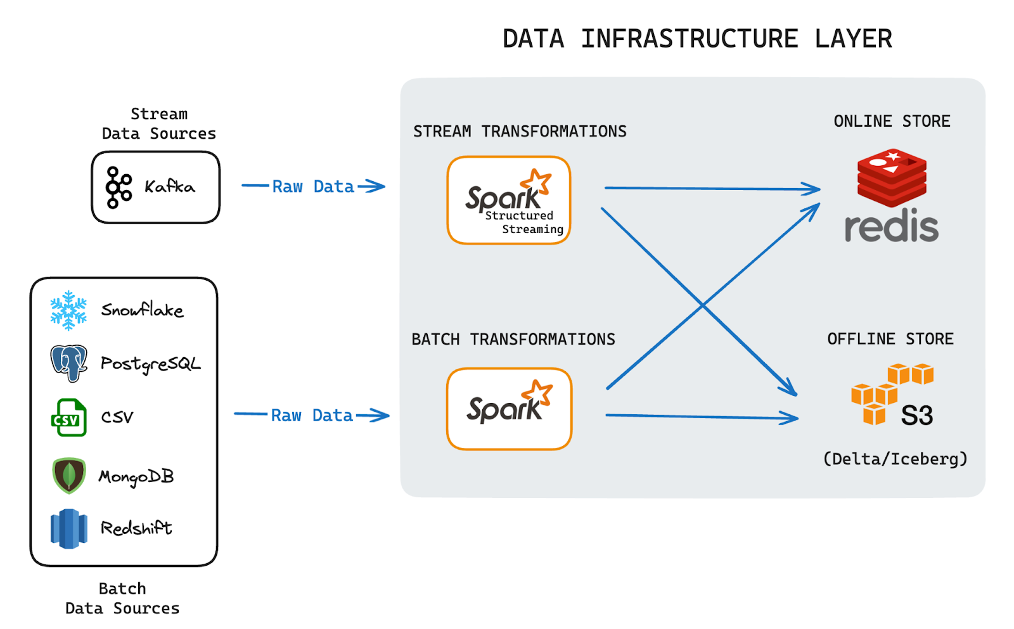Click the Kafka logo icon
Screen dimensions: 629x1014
click(x=119, y=187)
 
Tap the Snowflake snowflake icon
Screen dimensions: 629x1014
click(x=68, y=310)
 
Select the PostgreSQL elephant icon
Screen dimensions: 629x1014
click(x=68, y=363)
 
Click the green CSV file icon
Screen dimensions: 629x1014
click(x=68, y=417)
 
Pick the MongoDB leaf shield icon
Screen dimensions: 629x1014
click(x=69, y=476)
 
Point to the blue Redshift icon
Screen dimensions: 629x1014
click(x=68, y=528)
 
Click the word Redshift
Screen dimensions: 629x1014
click(x=136, y=528)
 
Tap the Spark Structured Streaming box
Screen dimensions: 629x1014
click(x=509, y=200)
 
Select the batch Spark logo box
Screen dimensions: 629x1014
click(x=509, y=409)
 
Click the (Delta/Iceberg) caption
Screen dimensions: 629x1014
click(x=895, y=459)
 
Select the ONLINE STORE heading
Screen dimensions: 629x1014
click(x=892, y=121)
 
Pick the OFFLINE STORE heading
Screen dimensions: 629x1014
click(x=890, y=339)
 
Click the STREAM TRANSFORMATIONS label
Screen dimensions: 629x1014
click(x=520, y=131)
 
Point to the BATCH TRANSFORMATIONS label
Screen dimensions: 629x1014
click(x=513, y=340)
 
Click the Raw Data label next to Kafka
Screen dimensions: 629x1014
click(x=313, y=186)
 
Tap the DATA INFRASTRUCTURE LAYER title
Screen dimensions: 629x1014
click(x=697, y=39)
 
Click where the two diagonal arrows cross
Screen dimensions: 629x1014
click(x=702, y=305)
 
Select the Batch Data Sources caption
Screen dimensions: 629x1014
click(x=122, y=598)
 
